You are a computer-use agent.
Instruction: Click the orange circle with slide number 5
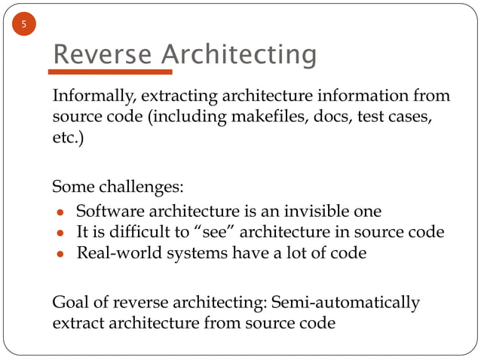24,26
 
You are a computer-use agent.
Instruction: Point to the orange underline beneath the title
110,73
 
